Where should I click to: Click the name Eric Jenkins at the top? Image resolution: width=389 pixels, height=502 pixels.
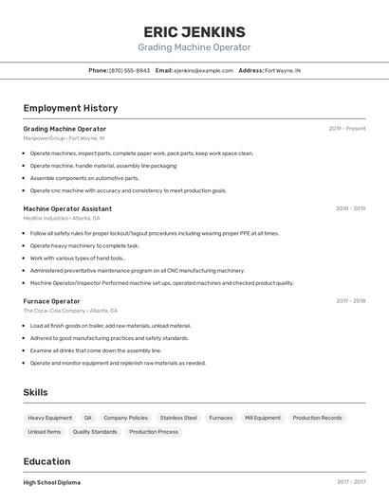pos(194,31)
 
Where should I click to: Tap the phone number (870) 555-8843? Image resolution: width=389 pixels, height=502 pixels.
pos(129,70)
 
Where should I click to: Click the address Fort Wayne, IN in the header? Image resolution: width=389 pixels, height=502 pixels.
pos(283,70)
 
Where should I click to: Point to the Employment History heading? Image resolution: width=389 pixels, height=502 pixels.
pos(70,108)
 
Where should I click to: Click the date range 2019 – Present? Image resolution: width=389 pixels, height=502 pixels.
pos(347,129)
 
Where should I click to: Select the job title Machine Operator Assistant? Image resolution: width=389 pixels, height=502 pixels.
pos(67,208)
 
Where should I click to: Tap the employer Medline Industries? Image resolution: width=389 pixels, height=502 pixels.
pos(46,218)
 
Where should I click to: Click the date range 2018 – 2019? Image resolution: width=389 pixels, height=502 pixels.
pos(350,208)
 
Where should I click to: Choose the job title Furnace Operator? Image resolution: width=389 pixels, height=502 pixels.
pos(51,301)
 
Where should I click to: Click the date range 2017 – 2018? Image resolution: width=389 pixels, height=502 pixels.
pos(350,301)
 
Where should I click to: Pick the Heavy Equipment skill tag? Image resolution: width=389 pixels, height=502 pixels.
pos(49,418)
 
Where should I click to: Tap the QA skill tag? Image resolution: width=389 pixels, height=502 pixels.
pos(87,418)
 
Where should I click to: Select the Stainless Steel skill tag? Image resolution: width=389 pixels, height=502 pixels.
pos(178,418)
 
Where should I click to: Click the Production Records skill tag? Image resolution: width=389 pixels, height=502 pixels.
pos(317,418)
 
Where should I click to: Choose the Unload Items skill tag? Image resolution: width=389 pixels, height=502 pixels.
pos(44,432)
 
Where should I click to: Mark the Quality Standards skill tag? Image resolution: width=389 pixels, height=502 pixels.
pos(95,432)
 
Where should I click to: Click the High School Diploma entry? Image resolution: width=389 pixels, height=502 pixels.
pos(52,482)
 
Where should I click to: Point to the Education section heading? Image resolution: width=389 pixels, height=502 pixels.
pos(48,461)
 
